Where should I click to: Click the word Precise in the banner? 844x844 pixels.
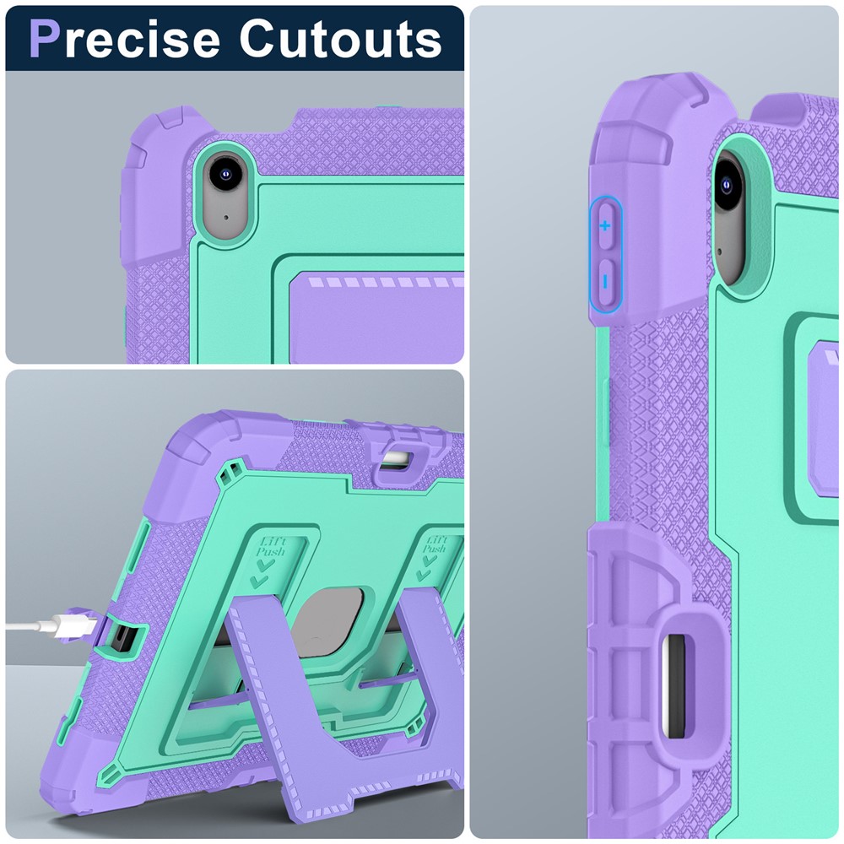124,39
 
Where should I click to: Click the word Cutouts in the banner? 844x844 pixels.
341,39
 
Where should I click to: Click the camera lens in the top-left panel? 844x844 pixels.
226,174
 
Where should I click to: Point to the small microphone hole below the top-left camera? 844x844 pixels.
225,218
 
